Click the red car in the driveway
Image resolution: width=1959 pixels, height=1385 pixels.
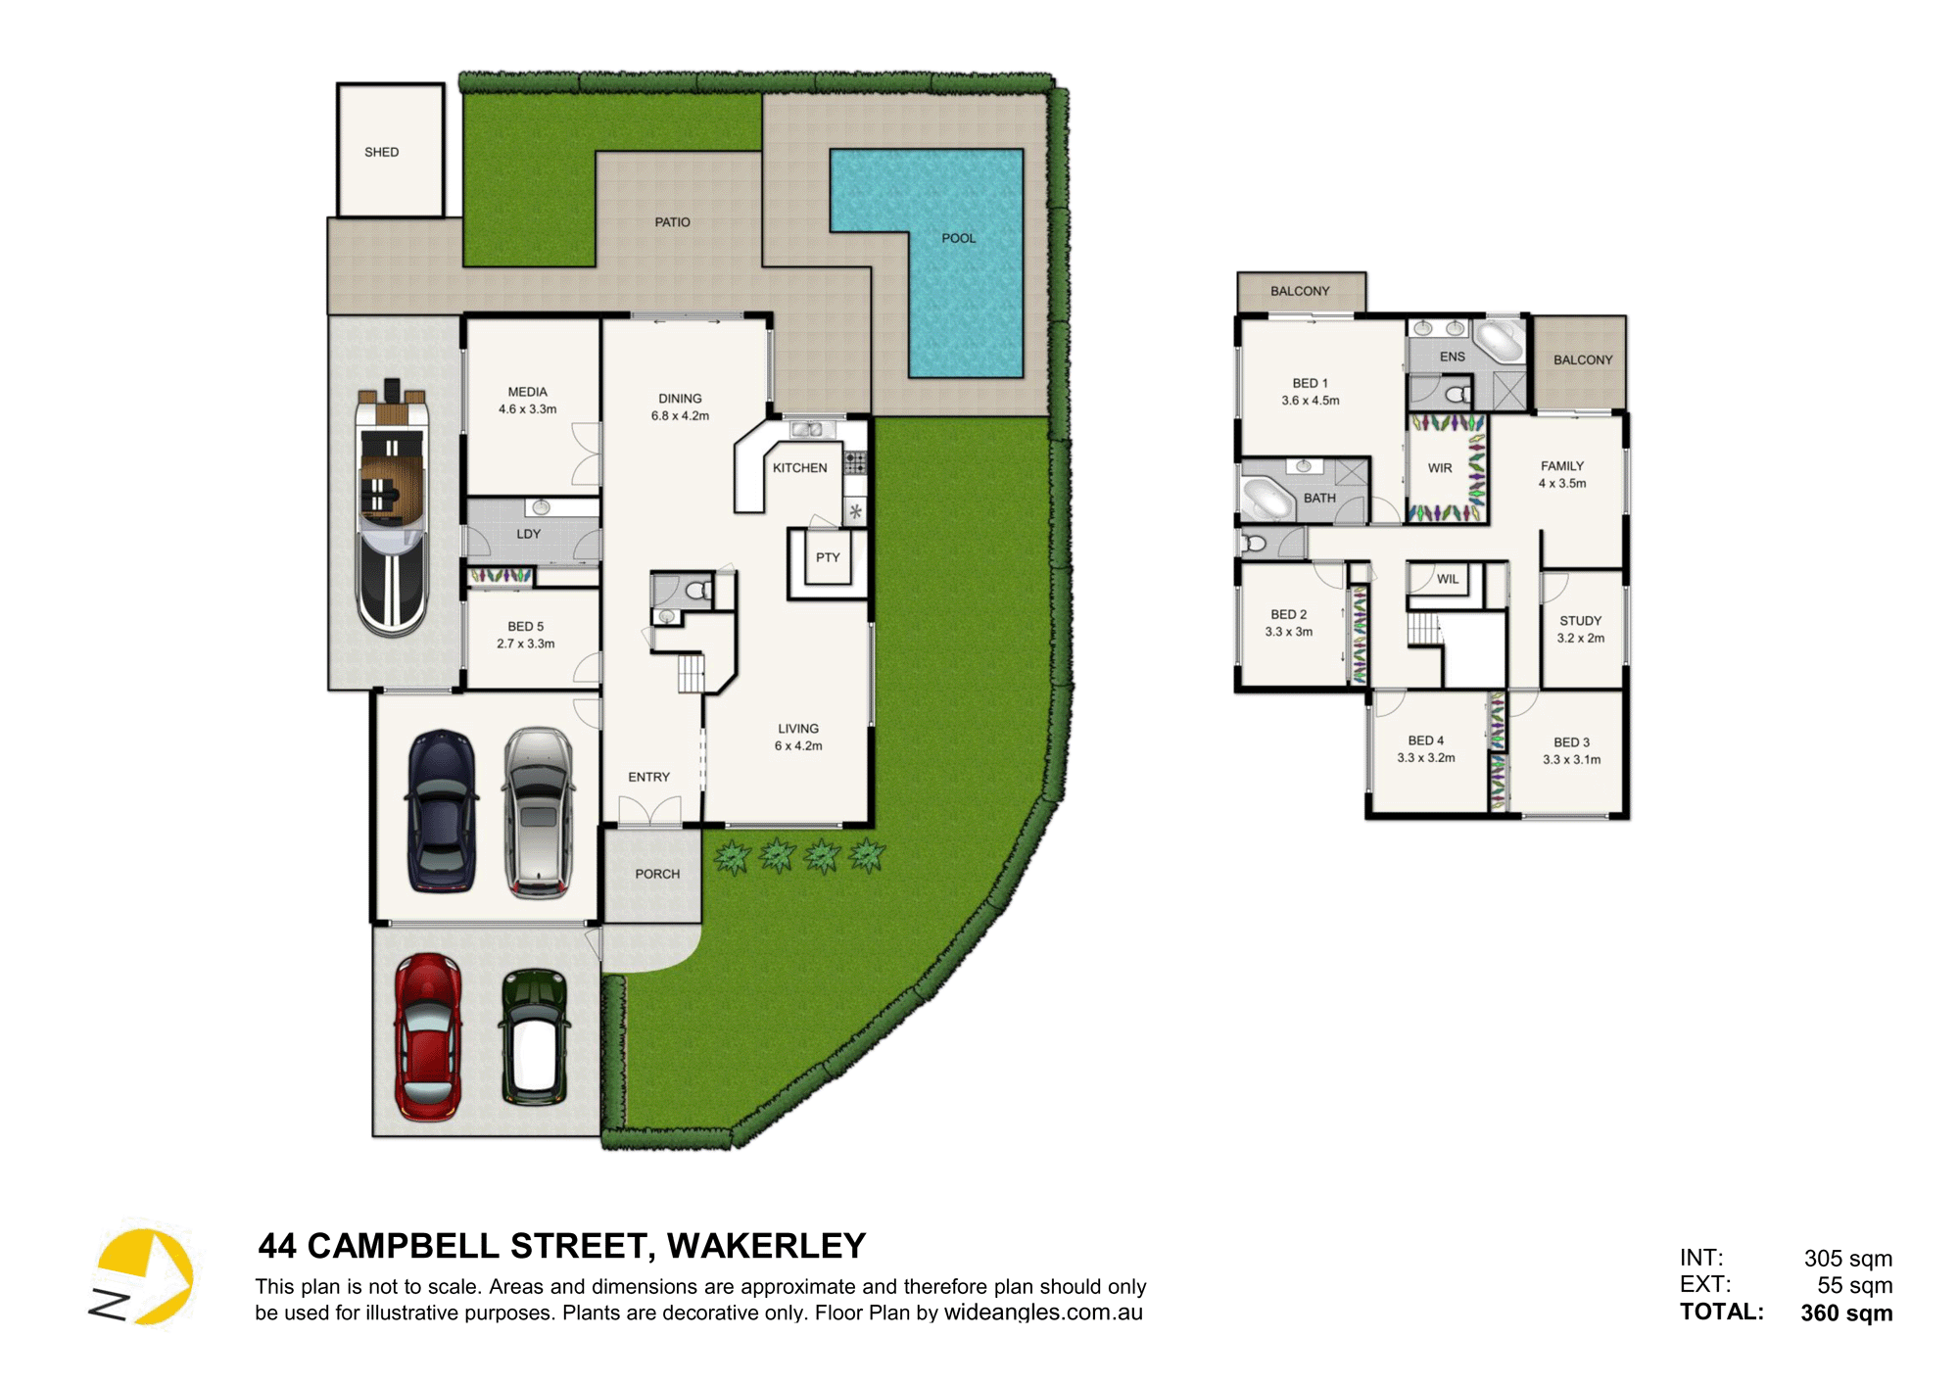[428, 1037]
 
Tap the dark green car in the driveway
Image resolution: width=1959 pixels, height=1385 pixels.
[535, 1037]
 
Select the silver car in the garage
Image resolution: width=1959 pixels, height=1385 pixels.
[538, 813]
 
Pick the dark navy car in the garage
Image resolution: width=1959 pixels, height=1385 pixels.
[442, 811]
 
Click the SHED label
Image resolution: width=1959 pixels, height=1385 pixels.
[382, 152]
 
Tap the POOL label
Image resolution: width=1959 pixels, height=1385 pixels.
[959, 238]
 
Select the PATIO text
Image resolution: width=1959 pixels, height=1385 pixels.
[673, 222]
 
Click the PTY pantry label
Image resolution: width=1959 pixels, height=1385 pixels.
[828, 557]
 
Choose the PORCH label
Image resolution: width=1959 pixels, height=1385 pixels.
[657, 874]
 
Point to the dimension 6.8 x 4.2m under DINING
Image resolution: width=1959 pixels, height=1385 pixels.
[681, 415]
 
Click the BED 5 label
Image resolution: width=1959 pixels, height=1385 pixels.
[526, 626]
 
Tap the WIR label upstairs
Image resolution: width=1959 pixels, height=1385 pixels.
[1440, 468]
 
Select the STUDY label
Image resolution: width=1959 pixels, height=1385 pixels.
[1581, 621]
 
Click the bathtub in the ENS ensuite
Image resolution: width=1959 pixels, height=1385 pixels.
[1500, 340]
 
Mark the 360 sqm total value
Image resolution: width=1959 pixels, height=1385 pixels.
[1846, 1313]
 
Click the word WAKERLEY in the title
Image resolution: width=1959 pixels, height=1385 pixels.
[767, 1246]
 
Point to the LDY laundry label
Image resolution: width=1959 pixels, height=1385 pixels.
[529, 534]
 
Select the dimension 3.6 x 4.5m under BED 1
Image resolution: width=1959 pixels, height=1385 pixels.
[1311, 401]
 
